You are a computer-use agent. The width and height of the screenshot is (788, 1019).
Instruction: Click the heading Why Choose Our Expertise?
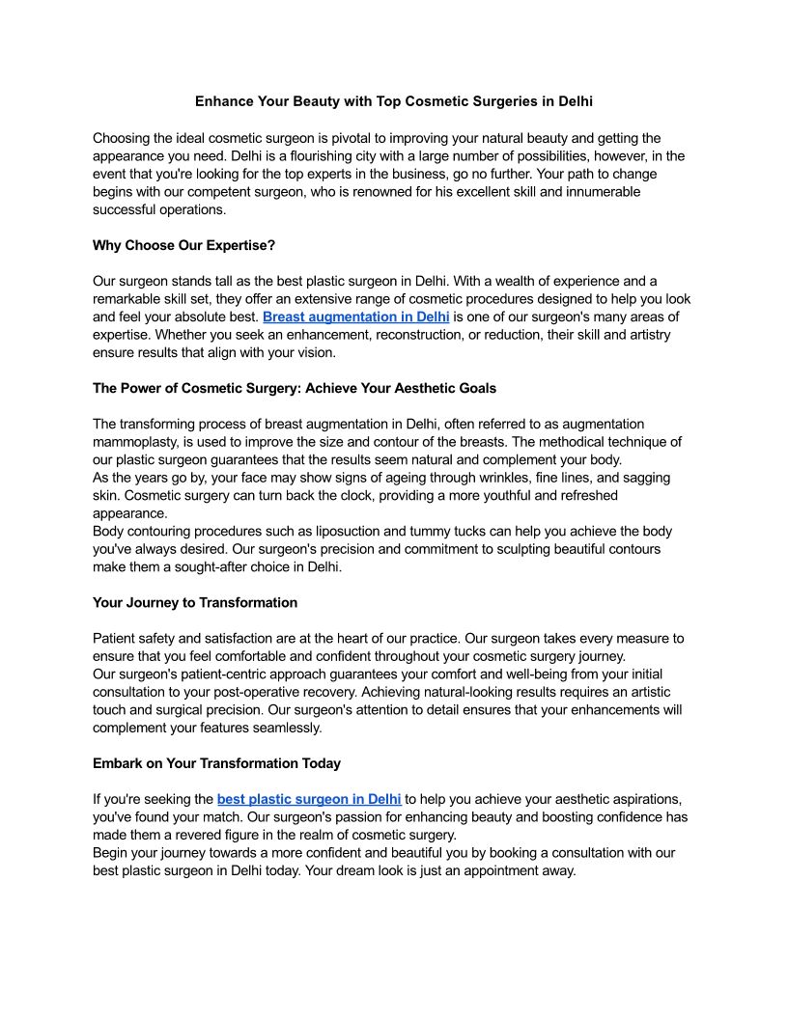click(183, 245)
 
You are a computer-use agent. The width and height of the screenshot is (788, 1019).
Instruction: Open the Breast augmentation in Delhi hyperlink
click(355, 317)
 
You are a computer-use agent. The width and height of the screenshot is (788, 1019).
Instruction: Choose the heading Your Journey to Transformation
click(195, 602)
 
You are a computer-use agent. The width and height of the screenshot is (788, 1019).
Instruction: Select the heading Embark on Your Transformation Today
click(216, 763)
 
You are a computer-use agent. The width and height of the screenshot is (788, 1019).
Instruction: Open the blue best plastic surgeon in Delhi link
click(309, 799)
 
